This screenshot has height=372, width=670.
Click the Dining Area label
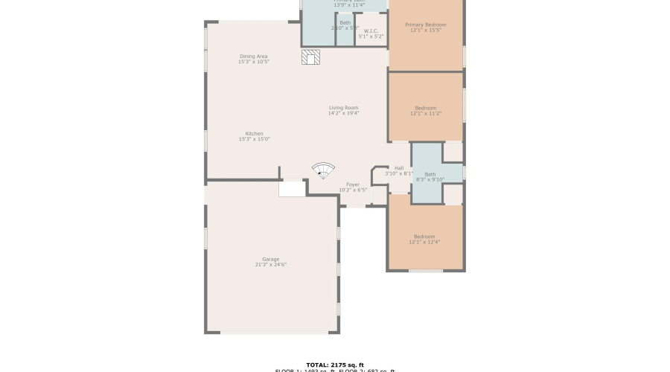253,57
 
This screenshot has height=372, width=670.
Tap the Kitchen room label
254,134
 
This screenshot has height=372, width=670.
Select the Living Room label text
343,108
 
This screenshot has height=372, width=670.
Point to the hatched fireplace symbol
310,57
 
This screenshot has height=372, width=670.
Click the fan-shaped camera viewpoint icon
322,170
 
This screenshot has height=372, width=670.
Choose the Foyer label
353,185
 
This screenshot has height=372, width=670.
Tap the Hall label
399,168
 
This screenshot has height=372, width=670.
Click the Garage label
270,259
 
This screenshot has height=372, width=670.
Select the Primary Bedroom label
425,25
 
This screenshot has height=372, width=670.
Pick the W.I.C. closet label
371,31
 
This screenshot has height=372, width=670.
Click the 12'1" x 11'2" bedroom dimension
425,114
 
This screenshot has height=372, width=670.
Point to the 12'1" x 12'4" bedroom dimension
424,242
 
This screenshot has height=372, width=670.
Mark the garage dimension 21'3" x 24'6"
270,264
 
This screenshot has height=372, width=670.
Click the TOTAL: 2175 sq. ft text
334,365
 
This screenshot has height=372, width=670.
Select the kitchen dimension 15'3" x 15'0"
254,139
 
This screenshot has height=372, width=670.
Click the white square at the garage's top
292,188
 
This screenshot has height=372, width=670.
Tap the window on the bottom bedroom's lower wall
426,271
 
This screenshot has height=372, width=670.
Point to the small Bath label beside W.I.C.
345,22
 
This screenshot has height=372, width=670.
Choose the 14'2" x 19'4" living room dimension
343,113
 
